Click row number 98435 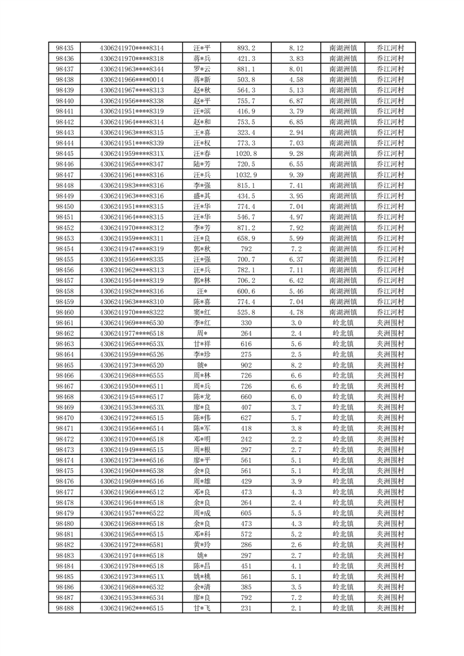pos(64,48)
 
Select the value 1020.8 pos(246,154)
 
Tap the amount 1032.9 pos(246,175)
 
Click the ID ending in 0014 pos(132,80)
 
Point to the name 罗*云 pos(202,69)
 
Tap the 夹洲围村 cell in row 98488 pos(391,608)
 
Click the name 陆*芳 pos(202,164)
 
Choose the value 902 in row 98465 pos(246,365)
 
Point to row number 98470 pos(64,418)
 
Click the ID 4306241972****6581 pos(132,545)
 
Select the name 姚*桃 pos(202,576)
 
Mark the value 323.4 pos(246,133)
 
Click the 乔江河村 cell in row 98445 pos(391,154)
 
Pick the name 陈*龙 pos(202,397)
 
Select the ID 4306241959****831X pos(132,154)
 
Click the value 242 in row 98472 pos(246,439)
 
